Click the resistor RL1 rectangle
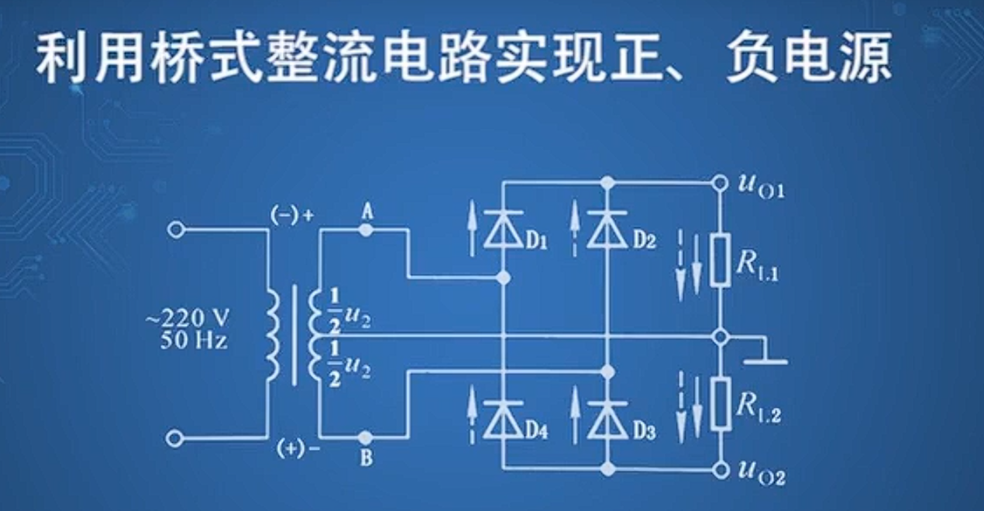coord(721,260)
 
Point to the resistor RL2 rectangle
coord(721,404)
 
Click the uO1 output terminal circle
coord(721,184)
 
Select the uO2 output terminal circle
coord(721,468)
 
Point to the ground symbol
coord(765,361)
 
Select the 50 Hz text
coord(194,340)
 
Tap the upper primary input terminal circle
coord(177,230)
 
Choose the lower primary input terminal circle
coord(177,439)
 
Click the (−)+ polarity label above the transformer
coord(293,216)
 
